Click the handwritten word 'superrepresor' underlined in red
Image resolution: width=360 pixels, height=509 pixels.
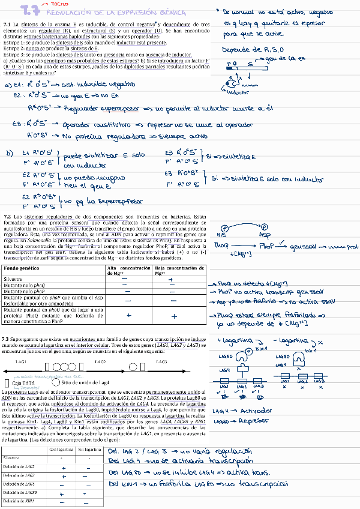click(x=118, y=109)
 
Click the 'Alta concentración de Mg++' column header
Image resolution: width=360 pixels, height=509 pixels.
click(x=128, y=270)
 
